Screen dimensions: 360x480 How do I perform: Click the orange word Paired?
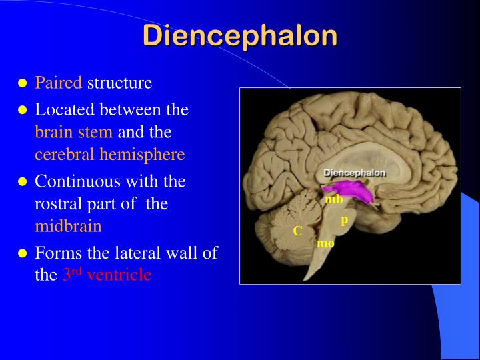[x=59, y=83]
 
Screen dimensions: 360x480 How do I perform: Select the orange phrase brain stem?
[x=73, y=131]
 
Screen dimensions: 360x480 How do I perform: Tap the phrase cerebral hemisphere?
[x=109, y=155]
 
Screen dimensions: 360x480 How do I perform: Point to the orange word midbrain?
[x=68, y=226]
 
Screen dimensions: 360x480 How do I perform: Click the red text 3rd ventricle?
[x=107, y=274]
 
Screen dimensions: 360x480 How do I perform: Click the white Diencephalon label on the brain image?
[x=355, y=173]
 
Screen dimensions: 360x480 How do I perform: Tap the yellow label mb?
[x=334, y=199]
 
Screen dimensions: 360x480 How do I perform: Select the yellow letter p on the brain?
[x=345, y=219]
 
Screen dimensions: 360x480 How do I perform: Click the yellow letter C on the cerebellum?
[x=298, y=231]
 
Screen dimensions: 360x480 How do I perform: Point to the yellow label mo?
[x=325, y=243]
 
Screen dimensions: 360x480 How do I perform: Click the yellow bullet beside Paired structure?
[x=22, y=84]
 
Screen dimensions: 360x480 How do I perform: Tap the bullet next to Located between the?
[x=22, y=109]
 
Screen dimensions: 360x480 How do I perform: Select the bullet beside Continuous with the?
[x=22, y=181]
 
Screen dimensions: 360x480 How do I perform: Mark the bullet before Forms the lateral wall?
[x=22, y=253]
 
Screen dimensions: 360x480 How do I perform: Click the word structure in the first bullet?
[x=120, y=83]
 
